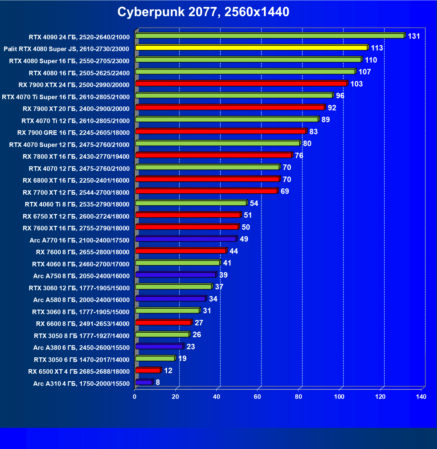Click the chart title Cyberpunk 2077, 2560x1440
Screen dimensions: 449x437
click(203, 12)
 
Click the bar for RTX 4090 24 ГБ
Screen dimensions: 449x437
click(269, 36)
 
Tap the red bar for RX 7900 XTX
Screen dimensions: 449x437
click(241, 83)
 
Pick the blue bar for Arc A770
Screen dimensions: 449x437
click(186, 239)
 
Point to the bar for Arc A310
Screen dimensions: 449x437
click(144, 382)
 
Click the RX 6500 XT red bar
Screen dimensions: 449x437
click(148, 370)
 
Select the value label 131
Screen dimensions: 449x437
click(414, 36)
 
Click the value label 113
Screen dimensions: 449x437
click(377, 48)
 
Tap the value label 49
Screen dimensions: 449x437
click(244, 239)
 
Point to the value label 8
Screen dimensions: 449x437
click(158, 382)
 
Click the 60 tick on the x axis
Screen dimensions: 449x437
click(257, 397)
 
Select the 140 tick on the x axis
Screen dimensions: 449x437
click(421, 397)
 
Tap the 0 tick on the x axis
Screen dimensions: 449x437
click(135, 397)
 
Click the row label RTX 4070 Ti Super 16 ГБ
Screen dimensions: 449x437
click(66, 97)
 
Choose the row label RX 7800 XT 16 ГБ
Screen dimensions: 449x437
click(76, 157)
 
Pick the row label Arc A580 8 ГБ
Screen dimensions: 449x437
click(81, 300)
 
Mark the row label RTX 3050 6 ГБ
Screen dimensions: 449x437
click(82, 360)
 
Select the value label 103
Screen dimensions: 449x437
click(356, 84)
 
